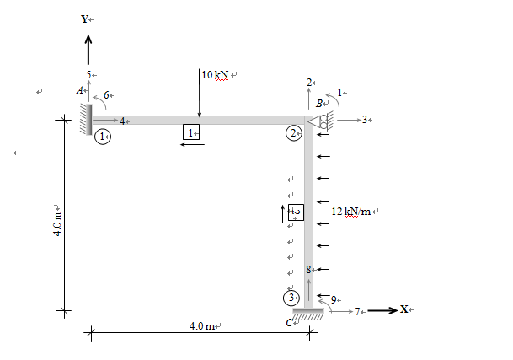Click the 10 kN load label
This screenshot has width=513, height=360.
(216, 75)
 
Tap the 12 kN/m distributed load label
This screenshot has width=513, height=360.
(355, 210)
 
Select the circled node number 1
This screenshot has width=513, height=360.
(103, 136)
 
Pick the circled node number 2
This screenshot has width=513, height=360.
(293, 133)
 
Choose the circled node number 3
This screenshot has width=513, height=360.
(291, 297)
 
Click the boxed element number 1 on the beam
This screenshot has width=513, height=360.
(190, 132)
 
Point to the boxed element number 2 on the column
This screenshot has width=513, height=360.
(296, 212)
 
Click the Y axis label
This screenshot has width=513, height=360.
(83, 18)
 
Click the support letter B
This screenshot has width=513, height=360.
(319, 103)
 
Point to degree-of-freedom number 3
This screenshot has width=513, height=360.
(365, 121)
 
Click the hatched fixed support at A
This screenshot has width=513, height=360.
(86, 120)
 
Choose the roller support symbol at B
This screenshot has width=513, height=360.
(321, 121)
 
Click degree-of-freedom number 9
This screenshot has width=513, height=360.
(334, 299)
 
